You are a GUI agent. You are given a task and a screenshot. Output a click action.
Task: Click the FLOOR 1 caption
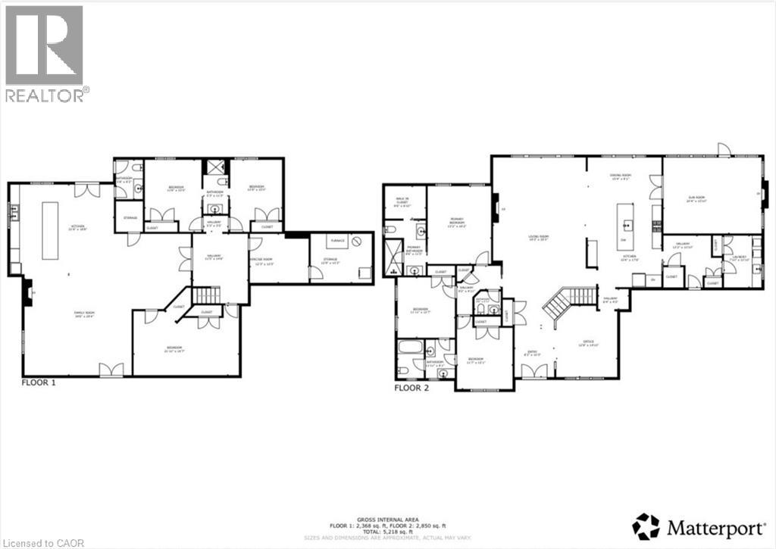coord(39,383)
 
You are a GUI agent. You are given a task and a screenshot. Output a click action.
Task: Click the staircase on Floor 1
coord(205,295)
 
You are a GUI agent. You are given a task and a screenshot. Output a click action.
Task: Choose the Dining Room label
coord(621,176)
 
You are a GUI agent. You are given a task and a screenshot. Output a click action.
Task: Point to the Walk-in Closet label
coord(402,201)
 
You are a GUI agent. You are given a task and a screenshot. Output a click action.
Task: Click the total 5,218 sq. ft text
coord(388,529)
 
